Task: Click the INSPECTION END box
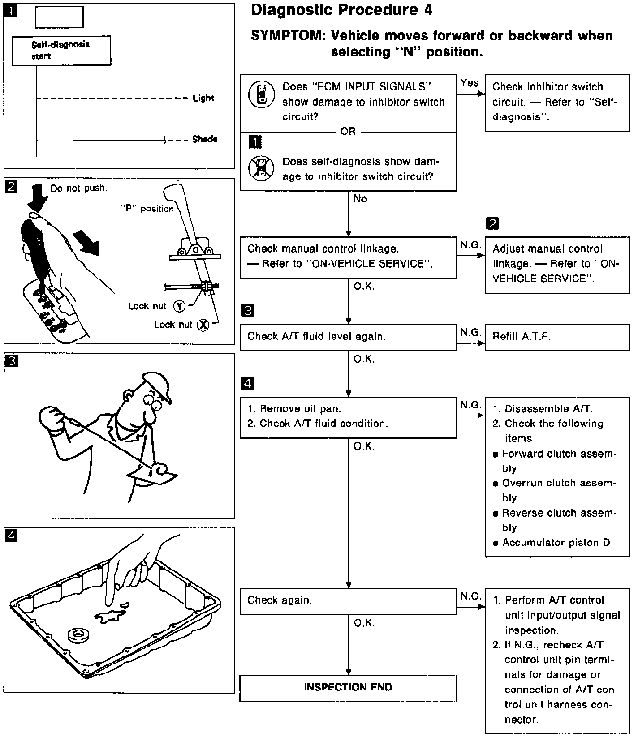[x=348, y=688]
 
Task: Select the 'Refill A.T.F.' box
[x=557, y=337]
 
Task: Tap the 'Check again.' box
[x=348, y=601]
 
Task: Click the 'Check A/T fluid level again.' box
[x=348, y=337]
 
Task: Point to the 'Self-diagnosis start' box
[x=61, y=51]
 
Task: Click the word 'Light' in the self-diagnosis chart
[x=203, y=98]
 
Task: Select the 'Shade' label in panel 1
[x=205, y=140]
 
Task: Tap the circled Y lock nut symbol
[x=179, y=306]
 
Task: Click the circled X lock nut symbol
[x=203, y=326]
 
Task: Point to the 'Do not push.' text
[x=79, y=189]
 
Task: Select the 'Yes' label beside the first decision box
[x=469, y=83]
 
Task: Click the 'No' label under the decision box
[x=360, y=199]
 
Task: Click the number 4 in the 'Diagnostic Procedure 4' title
[x=428, y=10]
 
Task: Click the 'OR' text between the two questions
[x=348, y=132]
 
